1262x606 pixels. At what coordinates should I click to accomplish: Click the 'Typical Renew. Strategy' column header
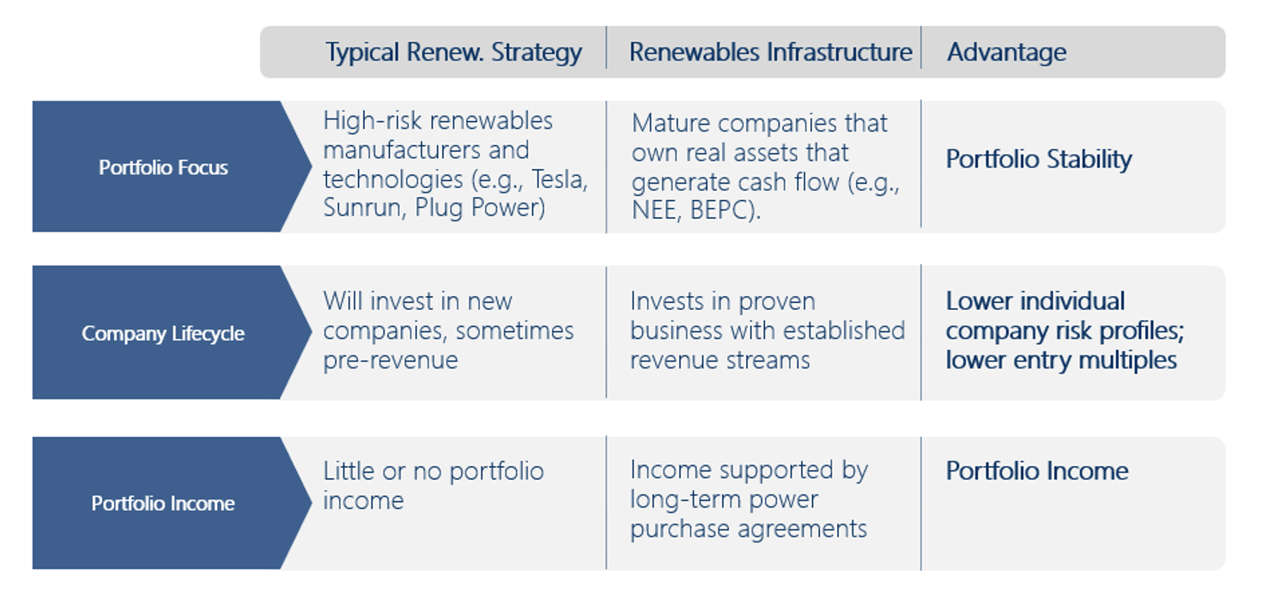pyautogui.click(x=453, y=53)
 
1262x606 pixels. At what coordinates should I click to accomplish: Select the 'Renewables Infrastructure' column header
pyautogui.click(x=770, y=52)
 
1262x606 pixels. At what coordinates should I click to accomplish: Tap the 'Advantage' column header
pyautogui.click(x=1006, y=53)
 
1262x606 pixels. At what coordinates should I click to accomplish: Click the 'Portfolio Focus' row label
pyautogui.click(x=163, y=167)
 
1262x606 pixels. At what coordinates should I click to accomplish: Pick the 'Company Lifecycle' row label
pyautogui.click(x=163, y=333)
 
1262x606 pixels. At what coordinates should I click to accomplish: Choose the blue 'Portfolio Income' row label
pyautogui.click(x=163, y=503)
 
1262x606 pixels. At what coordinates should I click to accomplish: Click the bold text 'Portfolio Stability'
pyautogui.click(x=1038, y=160)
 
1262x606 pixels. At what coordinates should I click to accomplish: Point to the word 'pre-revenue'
pyautogui.click(x=391, y=361)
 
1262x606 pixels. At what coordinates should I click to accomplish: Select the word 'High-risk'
pyautogui.click(x=372, y=120)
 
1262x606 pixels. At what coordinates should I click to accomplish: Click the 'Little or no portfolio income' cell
pyautogui.click(x=434, y=486)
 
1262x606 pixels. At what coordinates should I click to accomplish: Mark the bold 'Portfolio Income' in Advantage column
pyautogui.click(x=1037, y=471)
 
